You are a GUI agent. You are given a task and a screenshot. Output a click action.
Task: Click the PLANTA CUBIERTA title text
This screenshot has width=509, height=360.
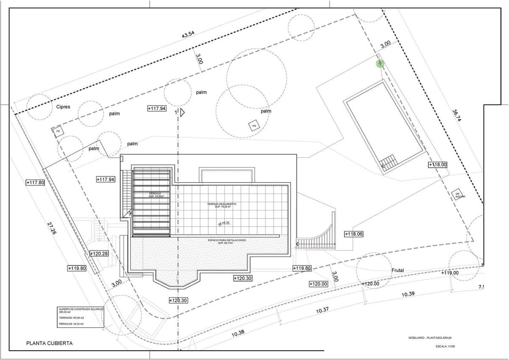tap(50, 343)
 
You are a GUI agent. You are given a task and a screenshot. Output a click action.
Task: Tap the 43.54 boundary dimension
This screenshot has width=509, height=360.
tap(188, 35)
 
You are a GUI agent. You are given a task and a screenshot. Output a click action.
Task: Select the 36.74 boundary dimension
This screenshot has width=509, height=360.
tap(456, 116)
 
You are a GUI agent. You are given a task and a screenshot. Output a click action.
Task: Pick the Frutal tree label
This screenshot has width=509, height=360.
tap(397, 270)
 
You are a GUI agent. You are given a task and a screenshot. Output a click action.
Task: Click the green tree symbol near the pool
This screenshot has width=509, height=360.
tap(380, 64)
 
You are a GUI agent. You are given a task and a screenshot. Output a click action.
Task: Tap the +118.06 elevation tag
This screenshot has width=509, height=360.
tap(354, 234)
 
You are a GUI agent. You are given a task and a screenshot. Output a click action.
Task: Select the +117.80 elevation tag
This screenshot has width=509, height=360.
tap(35, 183)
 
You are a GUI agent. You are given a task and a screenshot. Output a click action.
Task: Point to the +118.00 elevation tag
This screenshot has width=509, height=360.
tap(438, 165)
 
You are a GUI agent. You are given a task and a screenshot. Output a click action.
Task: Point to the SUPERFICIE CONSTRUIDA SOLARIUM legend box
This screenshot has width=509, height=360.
tap(80, 317)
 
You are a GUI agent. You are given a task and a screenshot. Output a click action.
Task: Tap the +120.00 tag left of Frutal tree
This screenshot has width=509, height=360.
tap(319, 284)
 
